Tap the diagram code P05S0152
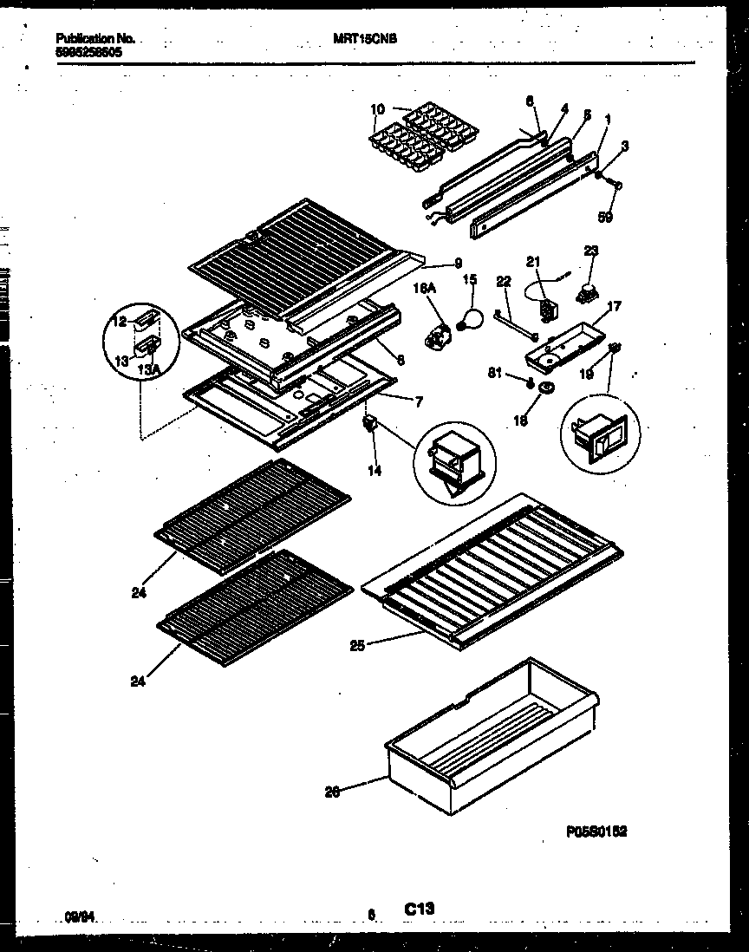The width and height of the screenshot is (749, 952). [596, 831]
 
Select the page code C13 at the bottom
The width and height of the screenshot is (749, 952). [418, 908]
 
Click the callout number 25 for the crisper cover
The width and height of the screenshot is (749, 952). [357, 644]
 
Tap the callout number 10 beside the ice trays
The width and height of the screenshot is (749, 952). [377, 109]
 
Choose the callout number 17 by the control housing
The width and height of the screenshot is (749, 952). [614, 305]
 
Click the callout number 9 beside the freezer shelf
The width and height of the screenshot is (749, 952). [457, 263]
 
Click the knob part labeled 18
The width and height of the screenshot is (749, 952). [546, 388]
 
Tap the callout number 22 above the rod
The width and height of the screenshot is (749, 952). [504, 281]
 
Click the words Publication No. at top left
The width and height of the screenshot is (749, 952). [95, 39]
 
